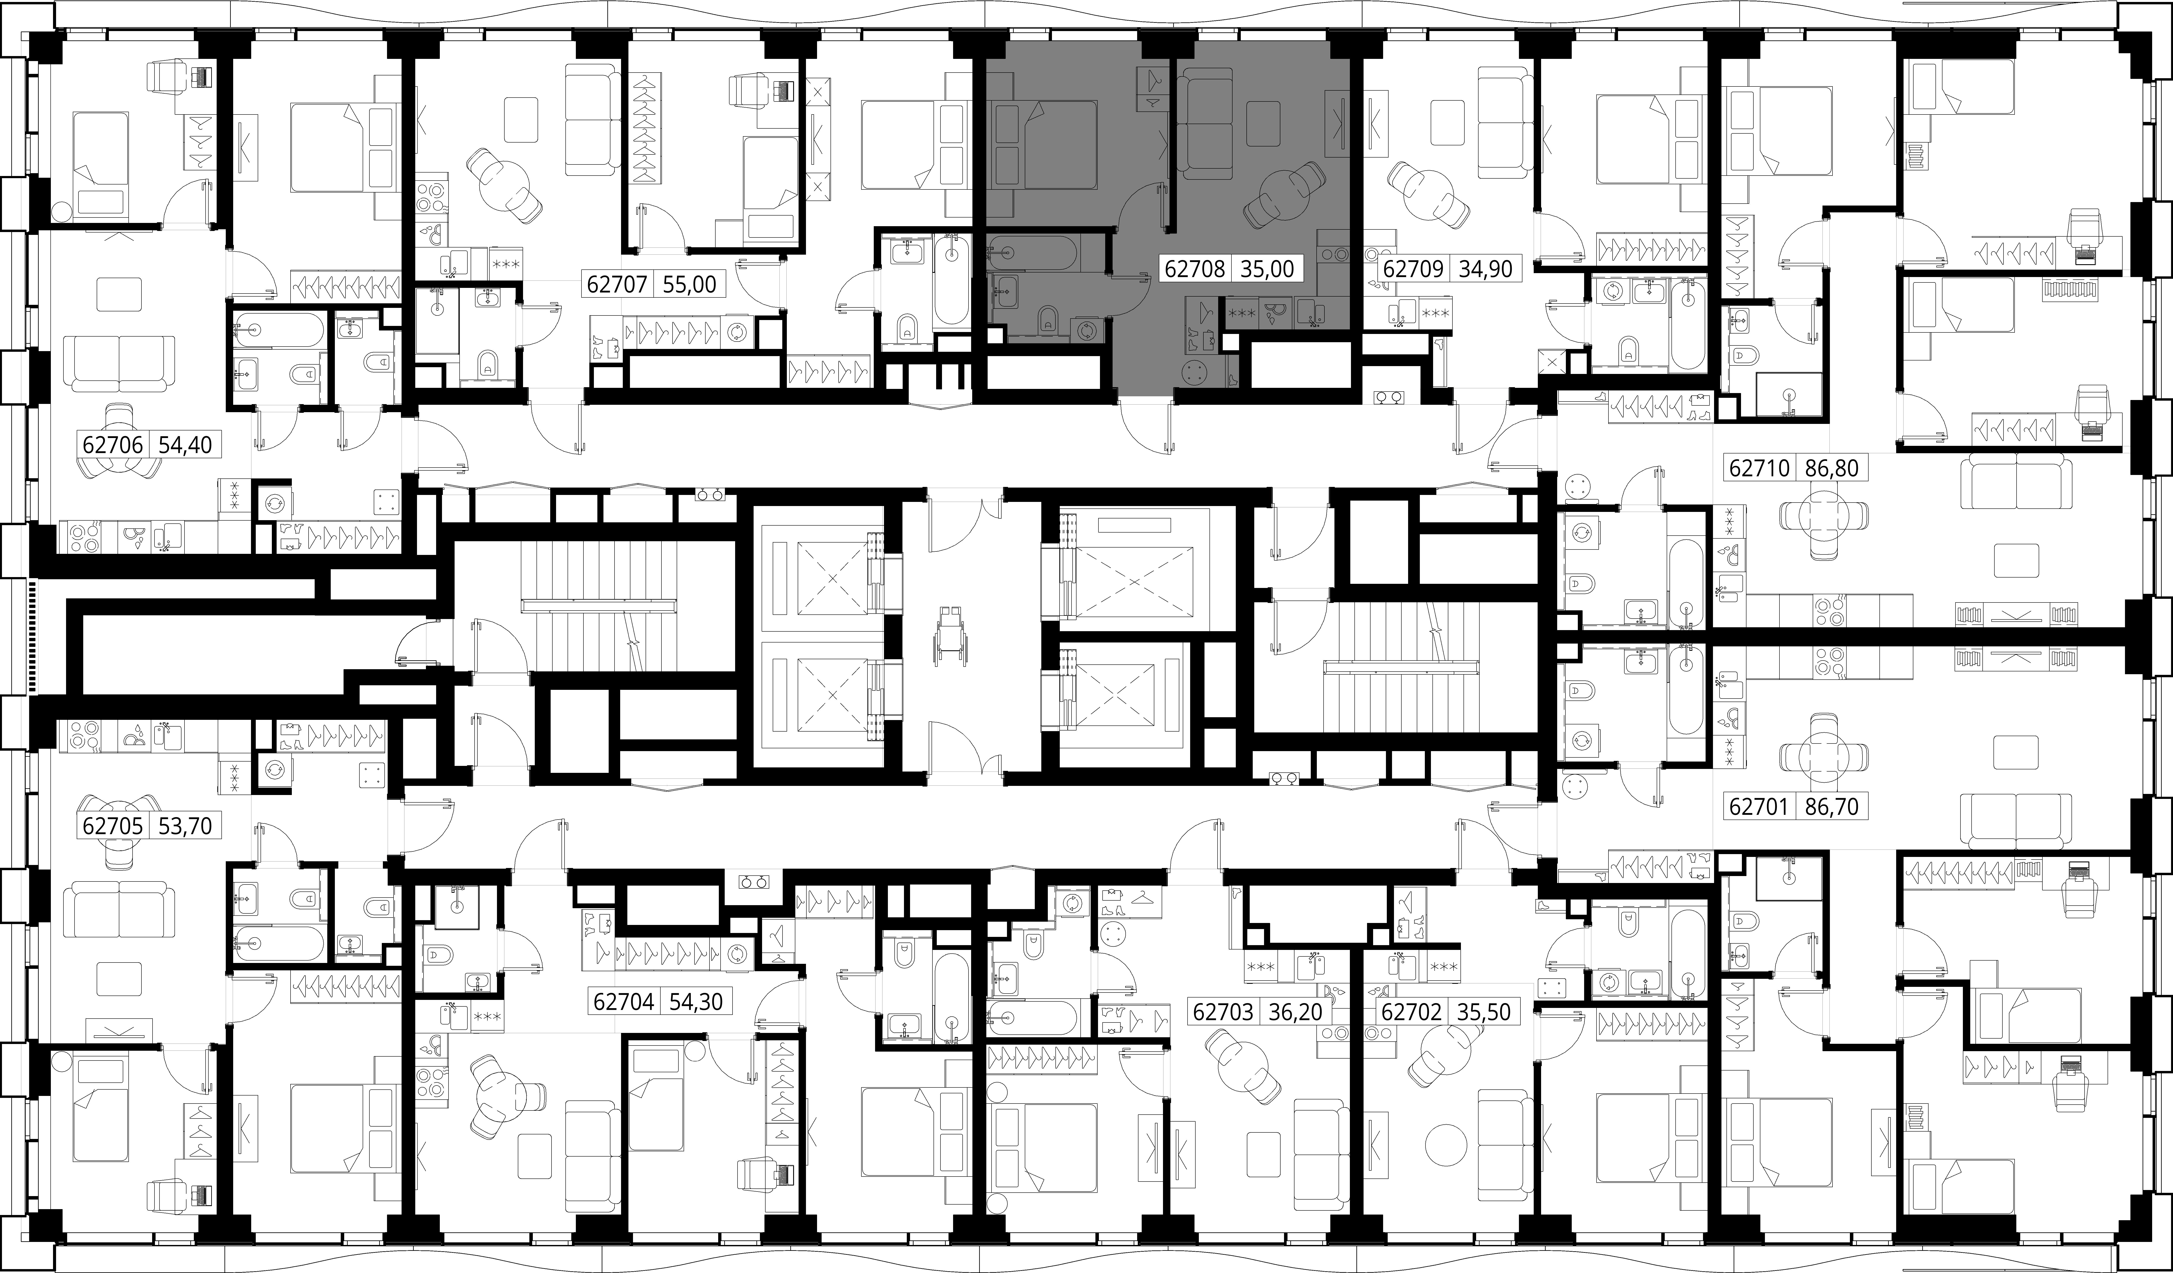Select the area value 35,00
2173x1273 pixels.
point(1267,269)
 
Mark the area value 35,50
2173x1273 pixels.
point(1484,1012)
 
